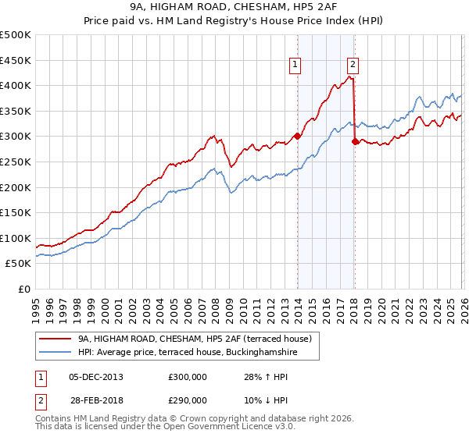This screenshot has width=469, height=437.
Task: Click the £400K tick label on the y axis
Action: (x=16, y=86)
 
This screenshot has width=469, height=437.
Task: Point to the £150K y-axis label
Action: (x=16, y=212)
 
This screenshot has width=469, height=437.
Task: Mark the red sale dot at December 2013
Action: (x=297, y=137)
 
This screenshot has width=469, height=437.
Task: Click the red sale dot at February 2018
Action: (x=356, y=141)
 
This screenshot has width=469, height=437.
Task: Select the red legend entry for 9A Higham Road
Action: (x=195, y=339)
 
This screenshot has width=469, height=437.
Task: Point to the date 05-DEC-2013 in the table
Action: (x=96, y=377)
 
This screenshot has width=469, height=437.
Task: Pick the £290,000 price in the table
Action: (x=187, y=400)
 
